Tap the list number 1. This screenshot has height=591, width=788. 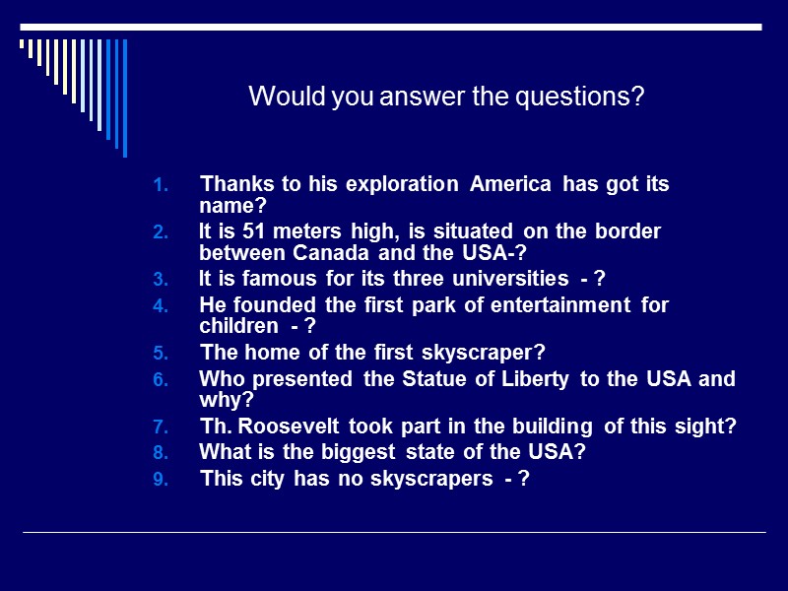click(163, 185)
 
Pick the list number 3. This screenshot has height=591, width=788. click(163, 279)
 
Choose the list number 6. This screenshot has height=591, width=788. click(163, 379)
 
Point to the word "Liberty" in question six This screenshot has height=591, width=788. click(539, 378)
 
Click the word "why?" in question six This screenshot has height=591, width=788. click(227, 400)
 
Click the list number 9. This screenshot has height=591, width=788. click(163, 480)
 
